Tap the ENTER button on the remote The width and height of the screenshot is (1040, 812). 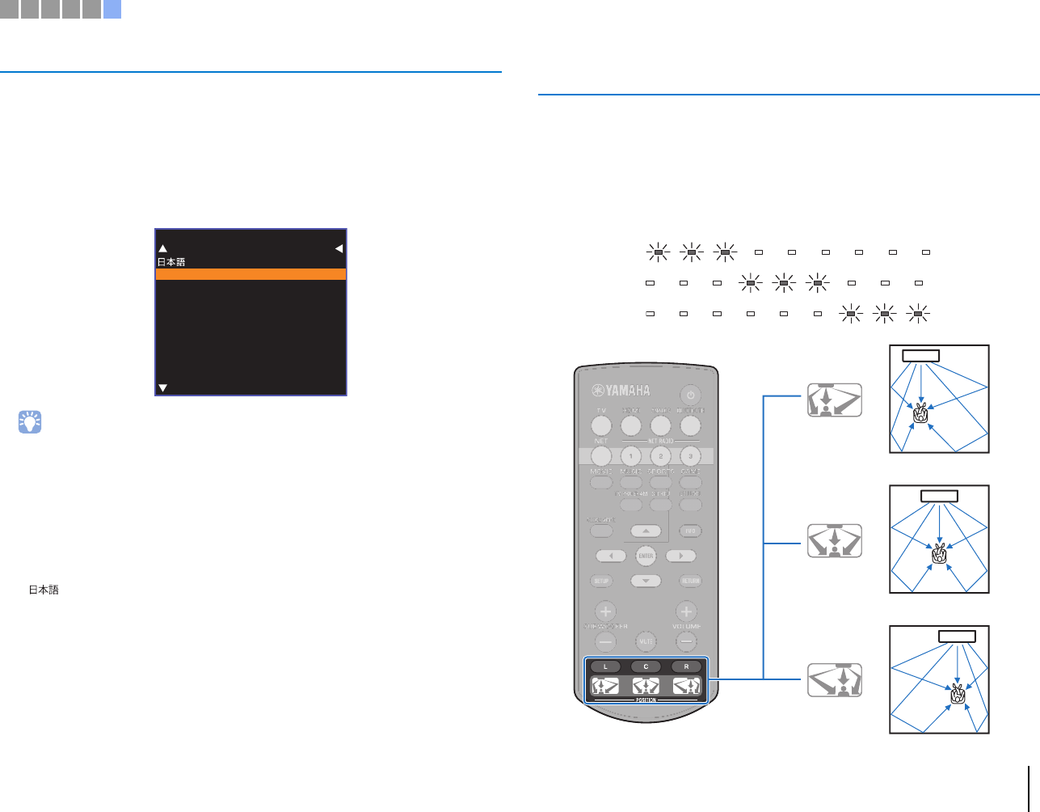click(646, 556)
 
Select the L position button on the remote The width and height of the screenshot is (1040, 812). click(605, 666)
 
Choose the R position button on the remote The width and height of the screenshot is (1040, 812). click(687, 666)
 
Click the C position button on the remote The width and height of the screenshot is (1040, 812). click(646, 666)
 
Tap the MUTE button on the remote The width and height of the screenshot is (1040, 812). click(646, 641)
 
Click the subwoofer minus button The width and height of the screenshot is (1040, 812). click(605, 642)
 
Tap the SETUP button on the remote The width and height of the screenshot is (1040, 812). click(601, 581)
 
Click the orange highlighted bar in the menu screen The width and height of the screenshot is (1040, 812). click(251, 274)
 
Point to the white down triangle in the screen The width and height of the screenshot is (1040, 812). click(162, 388)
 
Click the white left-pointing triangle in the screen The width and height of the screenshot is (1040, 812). click(339, 248)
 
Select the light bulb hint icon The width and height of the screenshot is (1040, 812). click(30, 421)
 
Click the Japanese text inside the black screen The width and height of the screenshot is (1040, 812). click(171, 262)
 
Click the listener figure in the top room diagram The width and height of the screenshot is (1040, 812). click(920, 414)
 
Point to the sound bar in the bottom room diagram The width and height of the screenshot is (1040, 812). click(957, 636)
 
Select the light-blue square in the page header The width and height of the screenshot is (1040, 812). click(112, 10)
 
